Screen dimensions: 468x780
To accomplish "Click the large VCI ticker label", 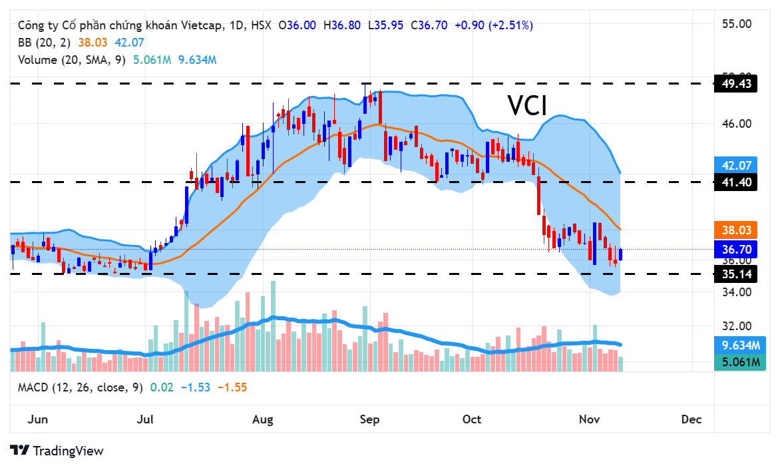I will pyautogui.click(x=527, y=105).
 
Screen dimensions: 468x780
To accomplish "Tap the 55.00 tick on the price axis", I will pyautogui.click(x=736, y=23).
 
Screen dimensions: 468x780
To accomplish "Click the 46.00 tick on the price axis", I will pyautogui.click(x=736, y=124).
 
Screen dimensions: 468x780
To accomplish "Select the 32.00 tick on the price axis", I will pyautogui.click(x=736, y=326).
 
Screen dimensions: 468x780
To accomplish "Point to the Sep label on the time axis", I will pyautogui.click(x=369, y=419).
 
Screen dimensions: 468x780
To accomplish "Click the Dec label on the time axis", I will pyautogui.click(x=691, y=419).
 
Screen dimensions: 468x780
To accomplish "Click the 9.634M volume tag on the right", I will pyautogui.click(x=741, y=345).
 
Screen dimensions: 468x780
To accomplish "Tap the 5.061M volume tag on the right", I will pyautogui.click(x=741, y=362).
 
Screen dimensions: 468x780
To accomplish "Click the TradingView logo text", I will pyautogui.click(x=68, y=451).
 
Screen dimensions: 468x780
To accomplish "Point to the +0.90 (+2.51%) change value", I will pyautogui.click(x=494, y=25).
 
